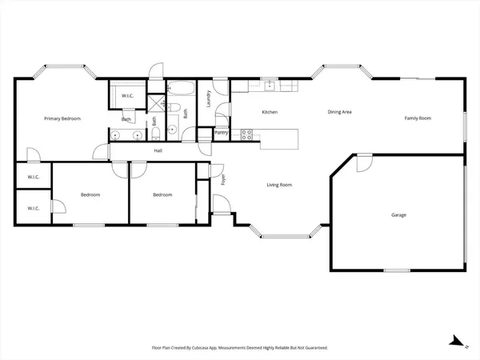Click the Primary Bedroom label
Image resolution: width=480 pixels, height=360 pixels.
[x=62, y=118]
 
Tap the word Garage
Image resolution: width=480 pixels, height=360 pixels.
[x=398, y=215]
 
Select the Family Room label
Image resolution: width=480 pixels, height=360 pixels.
[x=417, y=118]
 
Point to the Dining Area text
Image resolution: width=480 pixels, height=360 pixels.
[x=340, y=112]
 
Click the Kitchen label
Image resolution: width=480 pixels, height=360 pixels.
[x=270, y=112]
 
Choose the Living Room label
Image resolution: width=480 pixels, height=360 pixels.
[x=279, y=185]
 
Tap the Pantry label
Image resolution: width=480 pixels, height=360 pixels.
[x=222, y=133]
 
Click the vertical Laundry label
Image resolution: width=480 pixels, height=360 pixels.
[x=209, y=99]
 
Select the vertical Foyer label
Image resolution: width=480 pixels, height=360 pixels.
[x=223, y=180]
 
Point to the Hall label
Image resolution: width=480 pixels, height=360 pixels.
[x=158, y=150]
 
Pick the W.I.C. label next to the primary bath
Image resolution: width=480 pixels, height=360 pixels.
[x=127, y=96]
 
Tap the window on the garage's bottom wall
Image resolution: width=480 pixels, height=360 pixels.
[x=396, y=270]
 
